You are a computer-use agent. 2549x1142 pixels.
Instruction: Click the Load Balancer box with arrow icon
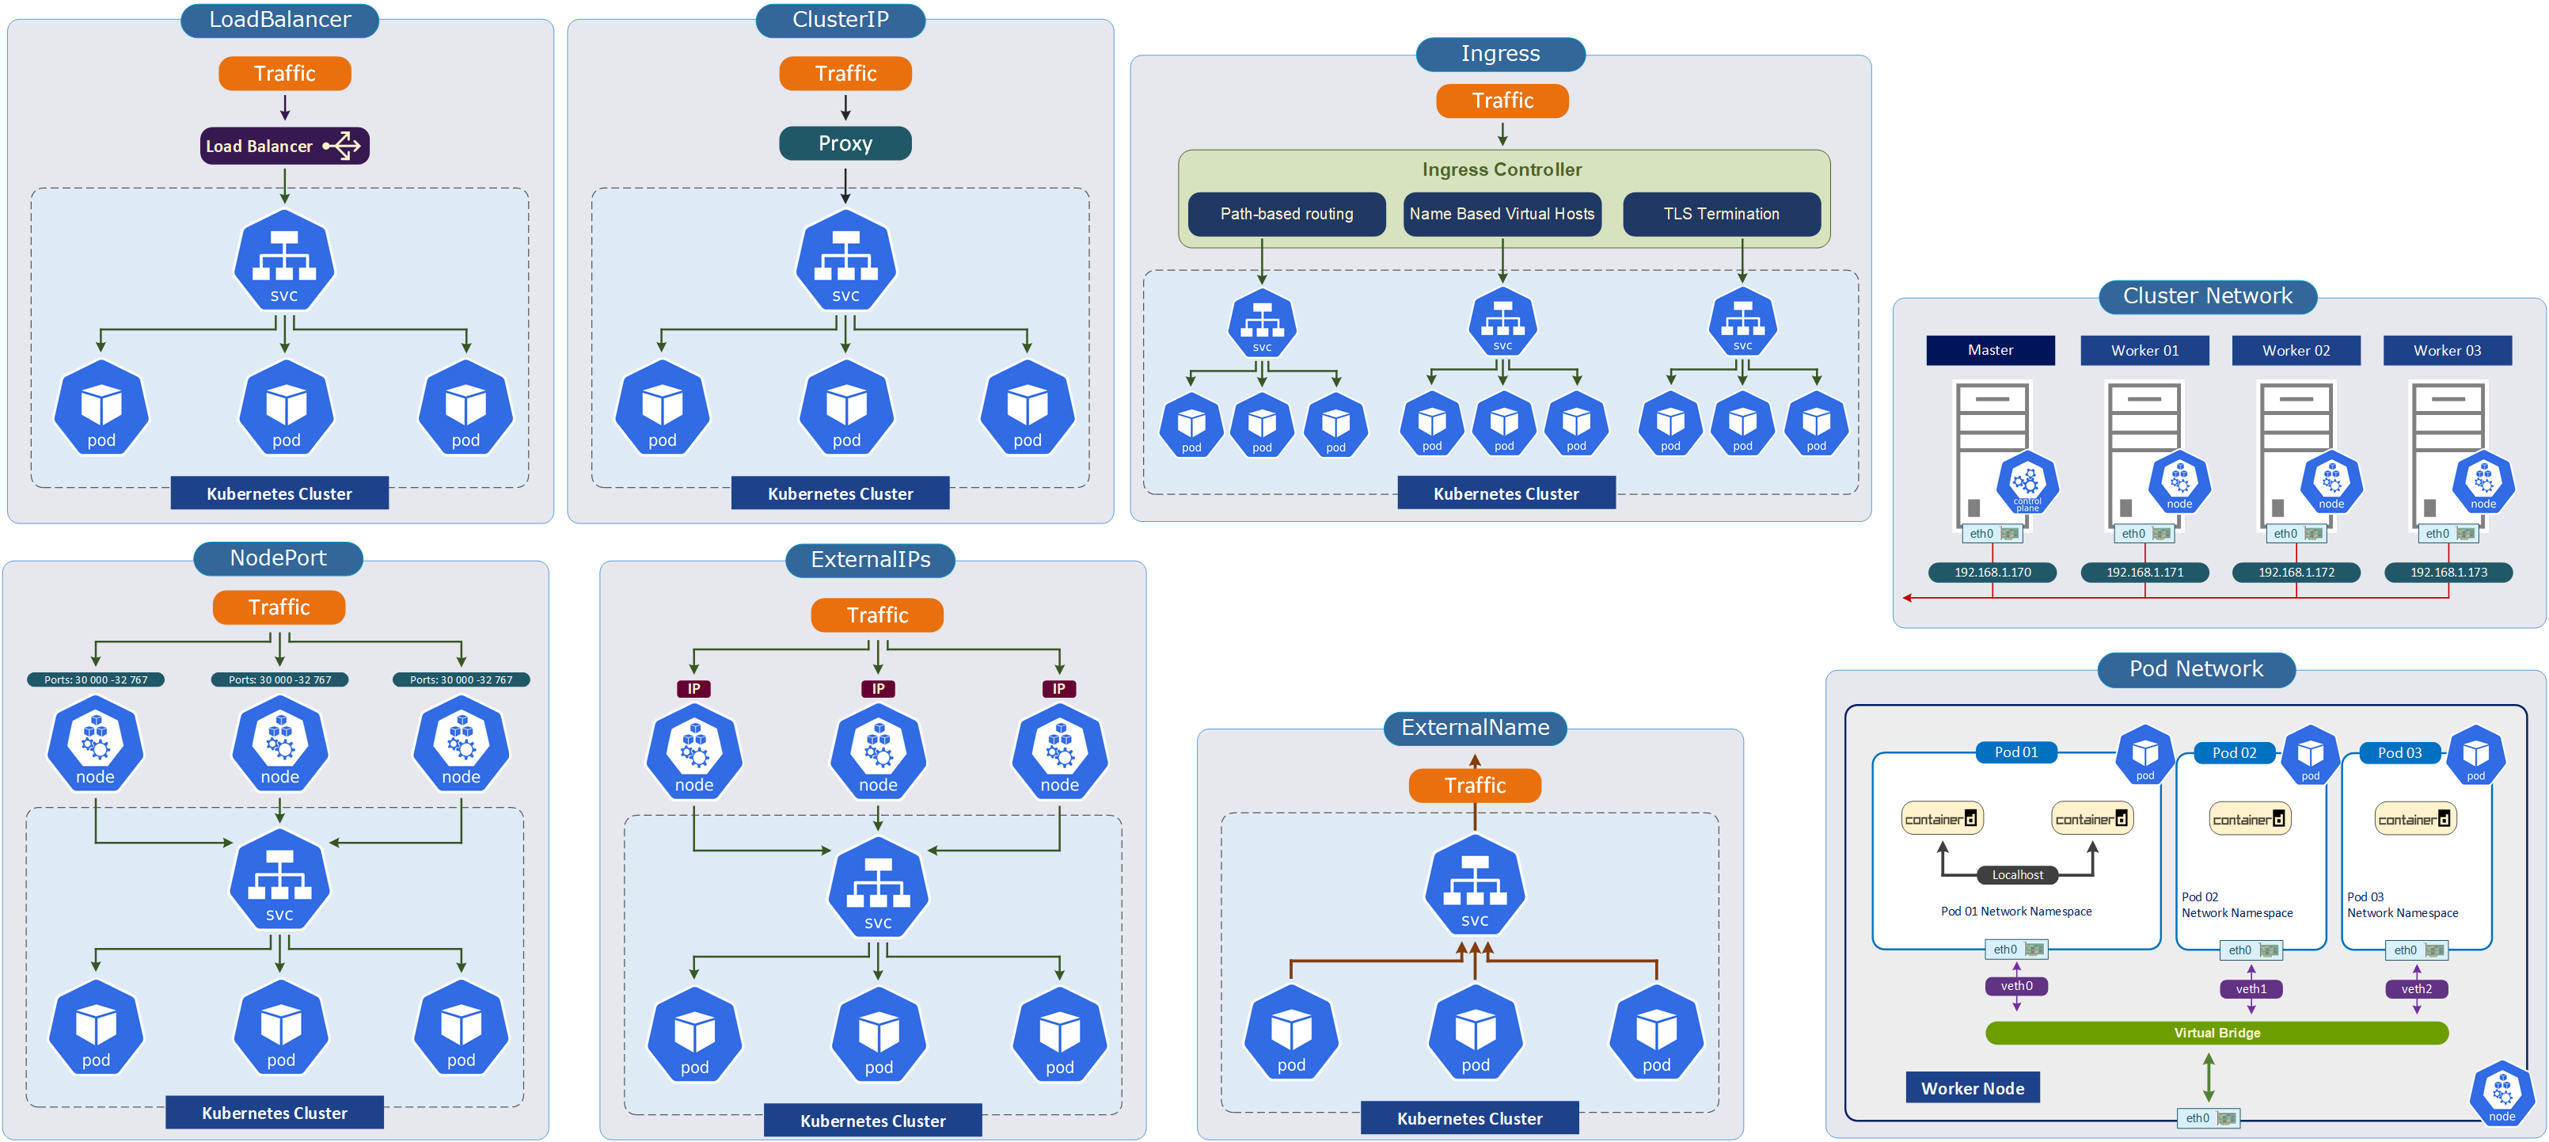[x=284, y=147]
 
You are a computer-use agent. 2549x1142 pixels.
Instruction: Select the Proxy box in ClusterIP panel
[x=845, y=143]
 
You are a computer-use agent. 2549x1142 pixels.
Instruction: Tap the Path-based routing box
[x=1286, y=214]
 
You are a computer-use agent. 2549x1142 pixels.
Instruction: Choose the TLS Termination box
[x=1721, y=214]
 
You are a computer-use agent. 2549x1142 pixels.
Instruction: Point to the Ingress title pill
[x=1500, y=53]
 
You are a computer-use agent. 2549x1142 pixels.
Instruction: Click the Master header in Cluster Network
[x=1990, y=350]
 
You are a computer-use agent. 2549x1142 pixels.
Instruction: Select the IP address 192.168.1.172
[x=2296, y=572]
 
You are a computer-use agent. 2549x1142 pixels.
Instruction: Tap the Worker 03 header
[x=2446, y=350]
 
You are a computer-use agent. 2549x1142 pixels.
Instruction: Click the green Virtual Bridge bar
[x=2217, y=1032]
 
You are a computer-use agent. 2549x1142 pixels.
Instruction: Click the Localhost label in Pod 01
[x=2017, y=875]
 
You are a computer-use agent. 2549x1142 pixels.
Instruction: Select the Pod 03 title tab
[x=2399, y=753]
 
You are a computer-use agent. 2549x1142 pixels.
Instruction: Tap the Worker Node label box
[x=1972, y=1087]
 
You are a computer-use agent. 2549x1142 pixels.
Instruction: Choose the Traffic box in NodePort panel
[x=279, y=607]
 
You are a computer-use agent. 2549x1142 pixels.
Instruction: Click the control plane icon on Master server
[x=2027, y=482]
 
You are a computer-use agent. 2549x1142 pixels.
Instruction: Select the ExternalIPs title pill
[x=870, y=560]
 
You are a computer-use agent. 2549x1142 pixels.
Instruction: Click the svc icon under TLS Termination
[x=1742, y=322]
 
